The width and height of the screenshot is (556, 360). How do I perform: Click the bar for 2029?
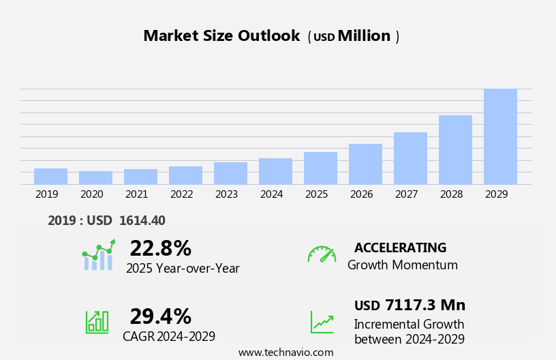(x=500, y=136)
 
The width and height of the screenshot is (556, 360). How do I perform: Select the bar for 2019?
(x=50, y=176)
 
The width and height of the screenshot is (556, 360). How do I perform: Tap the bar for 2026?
(x=365, y=164)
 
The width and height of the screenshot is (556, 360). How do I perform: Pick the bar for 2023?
(x=230, y=173)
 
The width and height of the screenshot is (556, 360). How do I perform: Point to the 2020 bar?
(x=95, y=177)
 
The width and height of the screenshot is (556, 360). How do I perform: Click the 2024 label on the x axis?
(x=271, y=194)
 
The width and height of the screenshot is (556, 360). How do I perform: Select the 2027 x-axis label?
(x=406, y=194)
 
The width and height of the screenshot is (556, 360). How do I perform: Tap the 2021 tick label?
(x=136, y=194)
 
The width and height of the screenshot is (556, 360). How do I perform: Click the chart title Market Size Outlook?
(x=221, y=36)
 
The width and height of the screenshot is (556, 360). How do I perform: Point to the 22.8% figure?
(x=160, y=248)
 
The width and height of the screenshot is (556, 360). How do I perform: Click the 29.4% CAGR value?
(x=160, y=316)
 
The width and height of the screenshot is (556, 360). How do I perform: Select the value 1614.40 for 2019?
(x=142, y=220)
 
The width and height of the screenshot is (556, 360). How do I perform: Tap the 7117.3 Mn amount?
(x=424, y=305)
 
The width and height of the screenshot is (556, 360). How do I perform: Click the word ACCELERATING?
(x=400, y=247)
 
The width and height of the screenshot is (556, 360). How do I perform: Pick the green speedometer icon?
(x=322, y=254)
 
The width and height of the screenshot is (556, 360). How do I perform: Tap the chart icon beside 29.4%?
(x=97, y=321)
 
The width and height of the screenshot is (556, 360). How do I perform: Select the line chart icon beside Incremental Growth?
(x=322, y=322)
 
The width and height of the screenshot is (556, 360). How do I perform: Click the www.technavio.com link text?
(x=285, y=352)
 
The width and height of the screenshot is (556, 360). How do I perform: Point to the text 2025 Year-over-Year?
(x=183, y=269)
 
